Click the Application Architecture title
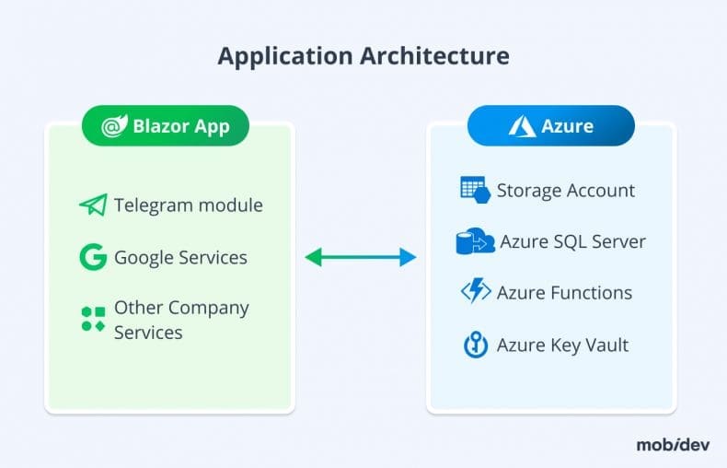[363, 55]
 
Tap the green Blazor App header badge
[166, 126]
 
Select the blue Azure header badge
[550, 126]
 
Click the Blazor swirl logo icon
[114, 126]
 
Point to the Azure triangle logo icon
[521, 126]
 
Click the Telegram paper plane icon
[93, 205]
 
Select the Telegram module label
[188, 205]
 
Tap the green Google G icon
[93, 257]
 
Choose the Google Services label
[180, 257]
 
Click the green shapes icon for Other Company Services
[93, 319]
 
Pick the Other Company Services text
[181, 320]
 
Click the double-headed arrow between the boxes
[361, 258]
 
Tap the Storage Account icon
[474, 190]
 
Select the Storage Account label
[565, 191]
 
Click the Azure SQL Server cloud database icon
[475, 242]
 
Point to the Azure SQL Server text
[572, 242]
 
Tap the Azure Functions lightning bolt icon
[475, 292]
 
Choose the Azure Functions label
[564, 293]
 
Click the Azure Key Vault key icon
[475, 345]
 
